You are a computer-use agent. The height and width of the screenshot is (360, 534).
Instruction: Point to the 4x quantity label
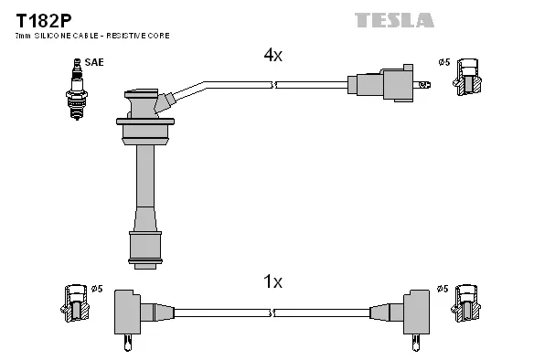pyautogui.click(x=272, y=56)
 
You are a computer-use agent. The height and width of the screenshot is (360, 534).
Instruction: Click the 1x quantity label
pyautogui.click(x=272, y=282)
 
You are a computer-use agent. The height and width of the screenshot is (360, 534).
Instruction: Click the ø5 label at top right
pyautogui.click(x=443, y=62)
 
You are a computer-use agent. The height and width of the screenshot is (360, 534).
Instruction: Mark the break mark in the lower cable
pyautogui.click(x=272, y=312)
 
